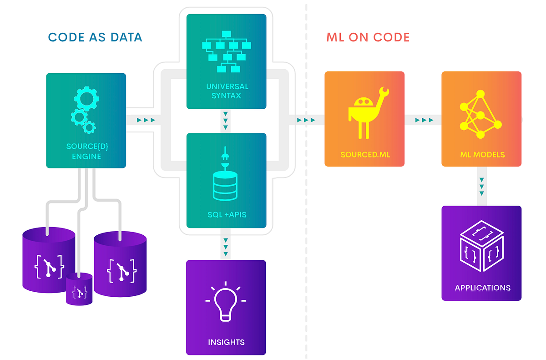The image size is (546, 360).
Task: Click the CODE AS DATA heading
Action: pyautogui.click(x=95, y=37)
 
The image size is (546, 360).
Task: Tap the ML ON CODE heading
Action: pyautogui.click(x=368, y=37)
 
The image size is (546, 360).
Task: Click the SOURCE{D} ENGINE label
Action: pyautogui.click(x=86, y=152)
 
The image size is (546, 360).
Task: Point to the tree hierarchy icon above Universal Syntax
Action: pyautogui.click(x=226, y=51)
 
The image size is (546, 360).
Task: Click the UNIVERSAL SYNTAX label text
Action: pyautogui.click(x=227, y=91)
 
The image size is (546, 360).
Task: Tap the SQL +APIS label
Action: pyautogui.click(x=226, y=214)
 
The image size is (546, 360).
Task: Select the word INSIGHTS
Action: pyautogui.click(x=226, y=342)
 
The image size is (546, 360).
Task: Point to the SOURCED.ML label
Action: pyautogui.click(x=365, y=154)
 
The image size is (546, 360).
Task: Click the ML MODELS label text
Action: pyautogui.click(x=482, y=154)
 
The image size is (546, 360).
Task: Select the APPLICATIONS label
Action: pyautogui.click(x=482, y=288)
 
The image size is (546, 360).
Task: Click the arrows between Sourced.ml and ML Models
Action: pyautogui.click(x=424, y=120)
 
